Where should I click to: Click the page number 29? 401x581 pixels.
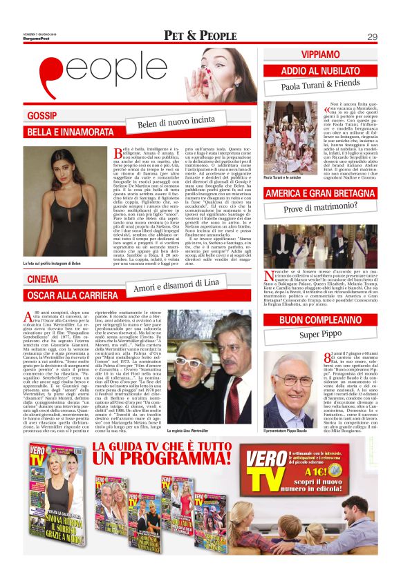pos(371,36)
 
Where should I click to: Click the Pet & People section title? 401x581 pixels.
pos(200,36)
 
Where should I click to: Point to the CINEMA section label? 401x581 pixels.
pos(42,279)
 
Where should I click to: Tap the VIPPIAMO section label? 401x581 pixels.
pos(301,54)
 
